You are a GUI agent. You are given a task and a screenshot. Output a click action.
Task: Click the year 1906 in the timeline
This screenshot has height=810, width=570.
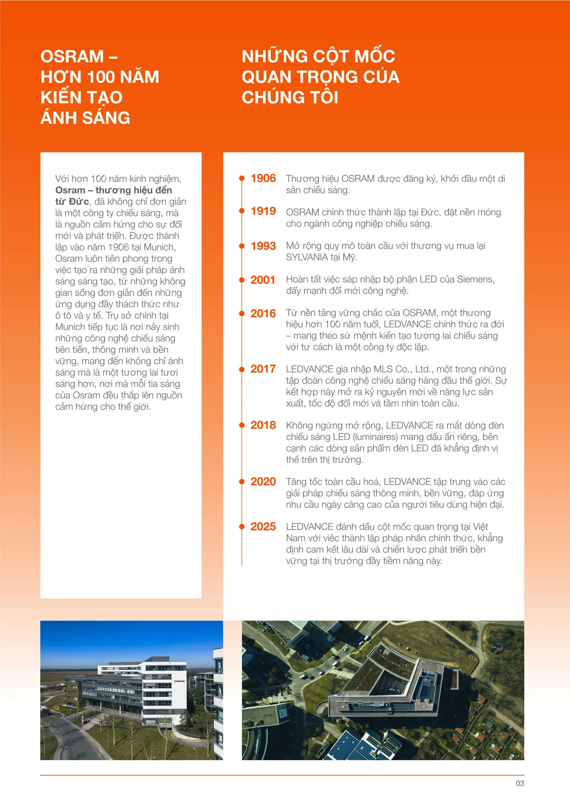tap(263, 178)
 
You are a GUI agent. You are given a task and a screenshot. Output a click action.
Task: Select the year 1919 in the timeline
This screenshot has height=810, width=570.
tap(263, 211)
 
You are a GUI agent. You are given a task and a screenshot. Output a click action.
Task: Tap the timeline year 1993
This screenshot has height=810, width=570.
tap(263, 246)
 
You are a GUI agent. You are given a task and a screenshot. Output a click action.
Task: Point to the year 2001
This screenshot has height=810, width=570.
tap(263, 280)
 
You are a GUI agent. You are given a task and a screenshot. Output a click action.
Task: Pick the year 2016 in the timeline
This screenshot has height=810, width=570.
tap(263, 313)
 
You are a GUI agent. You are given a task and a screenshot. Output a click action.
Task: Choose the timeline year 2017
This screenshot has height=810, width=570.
tap(263, 369)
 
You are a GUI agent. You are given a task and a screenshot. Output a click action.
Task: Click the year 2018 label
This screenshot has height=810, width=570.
tap(263, 425)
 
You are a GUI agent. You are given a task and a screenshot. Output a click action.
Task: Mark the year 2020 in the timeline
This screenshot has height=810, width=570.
tap(263, 482)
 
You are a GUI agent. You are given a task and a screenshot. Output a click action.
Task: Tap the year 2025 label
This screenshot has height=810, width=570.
tap(263, 526)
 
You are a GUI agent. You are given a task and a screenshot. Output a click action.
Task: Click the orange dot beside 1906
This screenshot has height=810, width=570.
tap(242, 178)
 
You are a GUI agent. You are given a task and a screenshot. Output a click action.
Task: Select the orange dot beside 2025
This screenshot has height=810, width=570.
tap(242, 526)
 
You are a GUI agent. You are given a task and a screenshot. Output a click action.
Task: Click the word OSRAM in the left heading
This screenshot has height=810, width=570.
tap(72, 57)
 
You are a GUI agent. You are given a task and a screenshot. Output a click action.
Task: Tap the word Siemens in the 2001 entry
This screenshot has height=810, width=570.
tap(475, 280)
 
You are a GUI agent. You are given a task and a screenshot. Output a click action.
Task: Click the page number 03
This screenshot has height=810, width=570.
tap(520, 784)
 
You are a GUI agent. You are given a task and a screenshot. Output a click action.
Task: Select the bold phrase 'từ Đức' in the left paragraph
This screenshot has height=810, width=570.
tap(72, 202)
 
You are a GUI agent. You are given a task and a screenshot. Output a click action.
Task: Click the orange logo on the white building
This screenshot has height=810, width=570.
tap(179, 681)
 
